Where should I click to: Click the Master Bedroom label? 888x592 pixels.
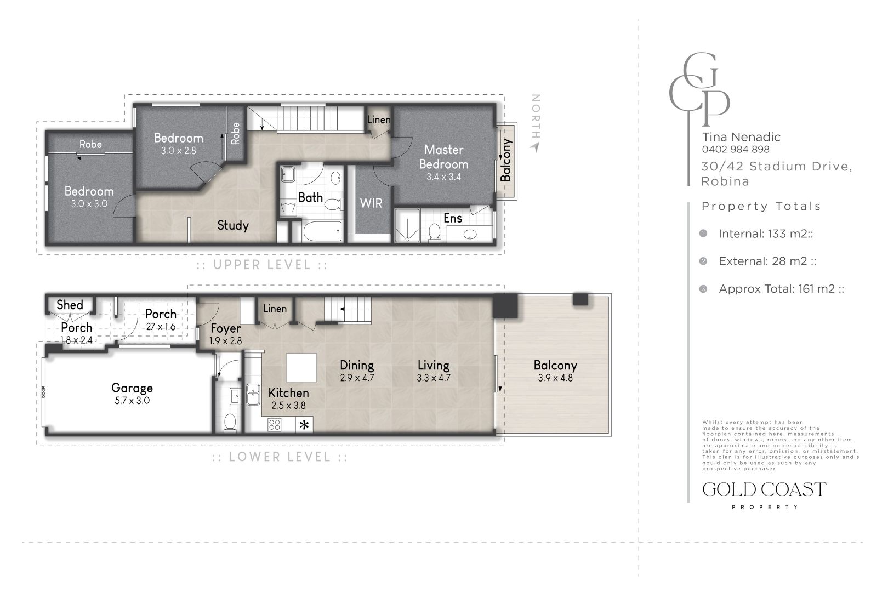click(443, 157)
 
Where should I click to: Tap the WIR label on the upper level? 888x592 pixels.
click(371, 203)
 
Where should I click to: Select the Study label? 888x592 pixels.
click(233, 225)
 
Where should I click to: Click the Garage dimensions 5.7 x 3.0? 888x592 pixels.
click(132, 401)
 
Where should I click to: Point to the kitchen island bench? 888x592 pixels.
click(301, 368)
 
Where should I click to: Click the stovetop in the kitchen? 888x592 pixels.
click(275, 424)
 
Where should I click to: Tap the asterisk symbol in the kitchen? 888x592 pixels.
click(304, 425)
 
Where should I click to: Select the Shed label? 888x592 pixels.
click(70, 305)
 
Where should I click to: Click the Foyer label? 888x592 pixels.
click(225, 328)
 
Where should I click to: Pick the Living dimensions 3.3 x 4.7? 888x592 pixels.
click(433, 378)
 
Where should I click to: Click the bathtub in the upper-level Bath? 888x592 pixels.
click(322, 231)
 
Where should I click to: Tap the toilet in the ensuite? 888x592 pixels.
click(435, 232)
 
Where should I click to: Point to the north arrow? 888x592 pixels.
click(536, 147)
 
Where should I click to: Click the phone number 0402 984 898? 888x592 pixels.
click(735, 149)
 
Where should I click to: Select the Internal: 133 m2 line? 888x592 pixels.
click(765, 234)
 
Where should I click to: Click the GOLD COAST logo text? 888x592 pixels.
click(764, 489)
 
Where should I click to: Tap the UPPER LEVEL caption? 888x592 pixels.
click(262, 265)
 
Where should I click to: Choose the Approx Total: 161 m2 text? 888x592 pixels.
click(781, 289)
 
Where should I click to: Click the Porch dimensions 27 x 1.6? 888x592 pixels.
click(161, 327)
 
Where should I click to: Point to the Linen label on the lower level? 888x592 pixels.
click(275, 309)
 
